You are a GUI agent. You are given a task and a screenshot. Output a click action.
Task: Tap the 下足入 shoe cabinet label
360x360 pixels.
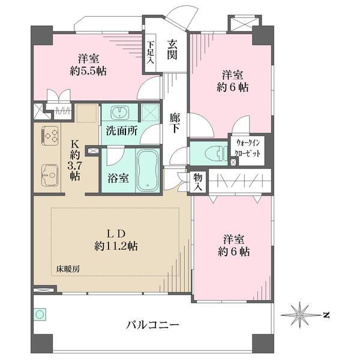(x=151, y=52)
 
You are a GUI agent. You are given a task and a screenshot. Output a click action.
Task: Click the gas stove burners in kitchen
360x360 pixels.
(x=49, y=135)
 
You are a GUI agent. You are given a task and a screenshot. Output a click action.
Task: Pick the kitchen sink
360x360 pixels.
(x=47, y=175)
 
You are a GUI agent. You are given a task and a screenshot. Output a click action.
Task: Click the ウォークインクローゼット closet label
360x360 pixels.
(x=248, y=148)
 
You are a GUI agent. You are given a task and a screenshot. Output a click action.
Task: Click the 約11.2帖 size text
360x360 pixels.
(x=116, y=246)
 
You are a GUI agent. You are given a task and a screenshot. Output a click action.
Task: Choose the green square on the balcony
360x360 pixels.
(x=40, y=314)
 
